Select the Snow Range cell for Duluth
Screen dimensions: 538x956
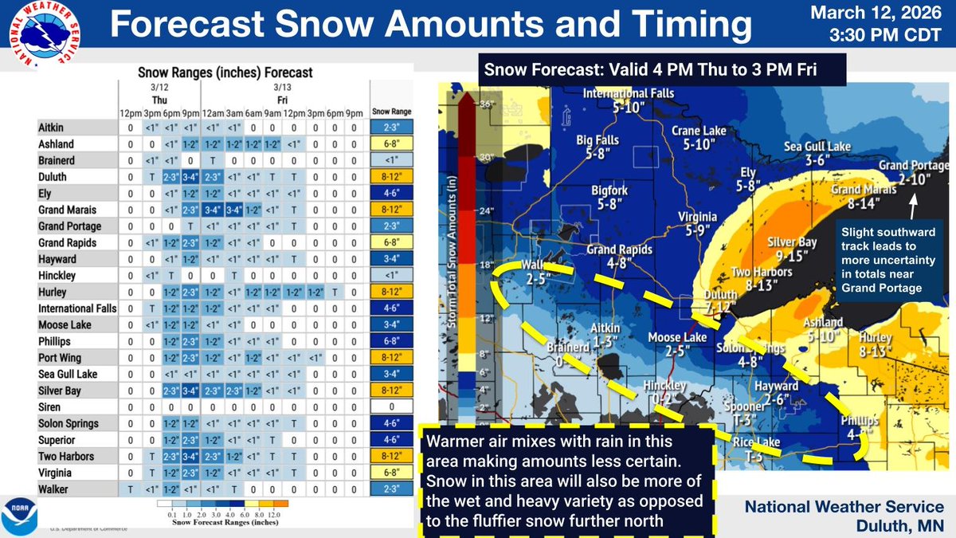click(388, 177)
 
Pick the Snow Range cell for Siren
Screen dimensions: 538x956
click(388, 406)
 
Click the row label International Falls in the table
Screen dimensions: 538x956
click(77, 308)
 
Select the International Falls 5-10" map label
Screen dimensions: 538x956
click(629, 100)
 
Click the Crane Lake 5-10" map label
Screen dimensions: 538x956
click(697, 137)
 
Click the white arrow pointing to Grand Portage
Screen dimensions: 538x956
click(914, 202)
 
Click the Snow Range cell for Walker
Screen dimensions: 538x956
click(388, 487)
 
